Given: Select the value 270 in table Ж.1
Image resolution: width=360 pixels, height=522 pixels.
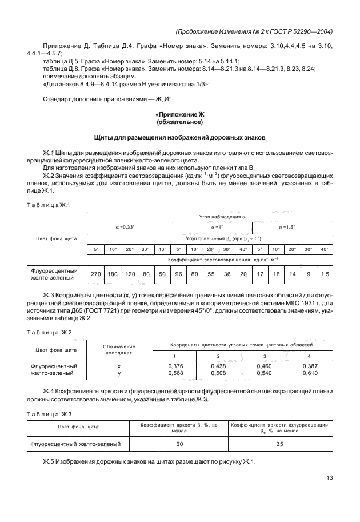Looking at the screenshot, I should coord(97,274).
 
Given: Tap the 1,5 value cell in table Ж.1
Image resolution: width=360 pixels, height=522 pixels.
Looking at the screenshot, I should coord(325,274).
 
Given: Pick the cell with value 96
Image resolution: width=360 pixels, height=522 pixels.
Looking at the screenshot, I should coord(178,274).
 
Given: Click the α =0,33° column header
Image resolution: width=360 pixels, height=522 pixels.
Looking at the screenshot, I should coord(129,227).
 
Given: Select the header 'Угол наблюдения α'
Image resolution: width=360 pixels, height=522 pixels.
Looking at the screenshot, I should coord(210,216).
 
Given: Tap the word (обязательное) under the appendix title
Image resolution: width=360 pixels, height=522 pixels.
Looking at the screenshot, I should coord(180,122).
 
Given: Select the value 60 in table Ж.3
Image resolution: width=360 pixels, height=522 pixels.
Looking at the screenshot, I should coord(179,443).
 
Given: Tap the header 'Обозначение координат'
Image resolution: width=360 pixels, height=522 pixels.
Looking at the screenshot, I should coord(119,350).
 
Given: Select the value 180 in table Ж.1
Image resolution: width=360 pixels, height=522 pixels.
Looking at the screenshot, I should coord(113,274).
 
